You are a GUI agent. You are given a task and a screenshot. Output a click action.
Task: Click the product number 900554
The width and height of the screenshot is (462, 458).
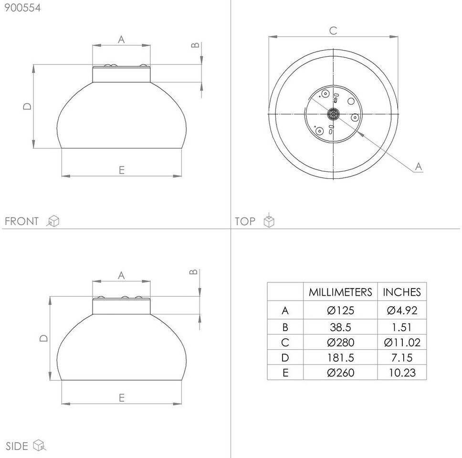click(23, 8)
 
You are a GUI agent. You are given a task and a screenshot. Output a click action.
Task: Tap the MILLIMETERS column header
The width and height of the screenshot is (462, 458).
click(340, 292)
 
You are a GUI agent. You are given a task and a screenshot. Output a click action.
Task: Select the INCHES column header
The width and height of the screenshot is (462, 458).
click(402, 292)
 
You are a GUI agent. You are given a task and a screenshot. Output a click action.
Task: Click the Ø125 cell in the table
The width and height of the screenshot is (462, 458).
click(340, 310)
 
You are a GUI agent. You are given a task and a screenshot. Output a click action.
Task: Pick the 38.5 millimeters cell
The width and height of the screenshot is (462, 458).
click(340, 327)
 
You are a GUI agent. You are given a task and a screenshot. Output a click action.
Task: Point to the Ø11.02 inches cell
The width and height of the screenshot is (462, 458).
click(402, 342)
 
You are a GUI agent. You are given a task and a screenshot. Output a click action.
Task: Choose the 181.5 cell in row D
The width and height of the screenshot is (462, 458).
click(340, 357)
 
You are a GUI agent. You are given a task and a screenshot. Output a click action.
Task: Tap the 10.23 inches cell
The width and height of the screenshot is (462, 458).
click(402, 373)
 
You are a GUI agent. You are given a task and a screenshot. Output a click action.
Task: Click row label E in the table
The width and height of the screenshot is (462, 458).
click(285, 373)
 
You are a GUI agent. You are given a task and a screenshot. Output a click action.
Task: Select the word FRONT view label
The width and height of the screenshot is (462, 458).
click(21, 221)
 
